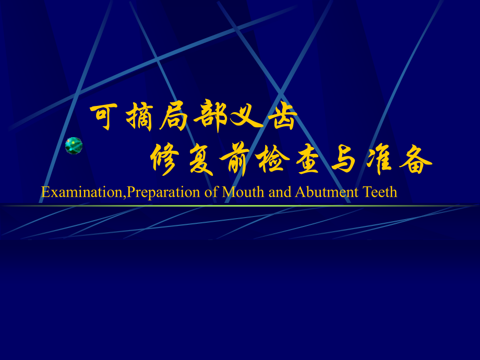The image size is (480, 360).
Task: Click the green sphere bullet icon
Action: click(74, 146)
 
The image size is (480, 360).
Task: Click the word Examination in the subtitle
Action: click(83, 193)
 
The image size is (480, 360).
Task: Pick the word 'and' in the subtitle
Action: click(281, 193)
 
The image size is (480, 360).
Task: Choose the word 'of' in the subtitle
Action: click(211, 193)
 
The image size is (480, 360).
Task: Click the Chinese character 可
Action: click(105, 117)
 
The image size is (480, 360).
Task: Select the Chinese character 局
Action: click(175, 117)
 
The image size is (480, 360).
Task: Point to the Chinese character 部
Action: click(211, 117)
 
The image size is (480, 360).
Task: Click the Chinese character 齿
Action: click(282, 117)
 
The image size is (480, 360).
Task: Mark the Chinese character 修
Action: click(165, 159)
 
